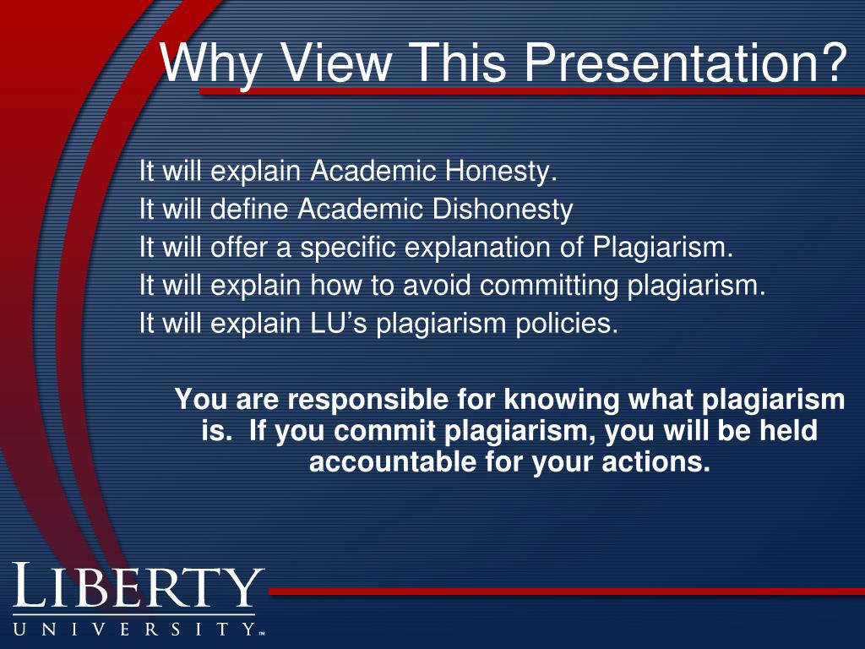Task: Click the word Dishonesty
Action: [503, 210]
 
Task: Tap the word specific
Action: [349, 248]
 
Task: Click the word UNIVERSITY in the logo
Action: [135, 629]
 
